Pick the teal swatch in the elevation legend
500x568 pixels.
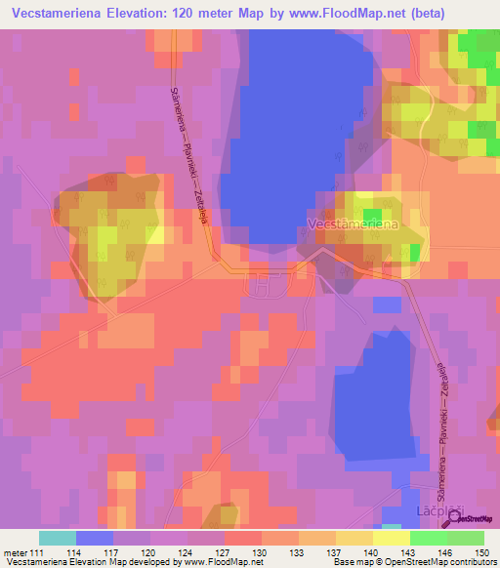[57, 538]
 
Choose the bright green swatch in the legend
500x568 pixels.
[429, 538]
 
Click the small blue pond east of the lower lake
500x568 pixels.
[387, 304]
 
